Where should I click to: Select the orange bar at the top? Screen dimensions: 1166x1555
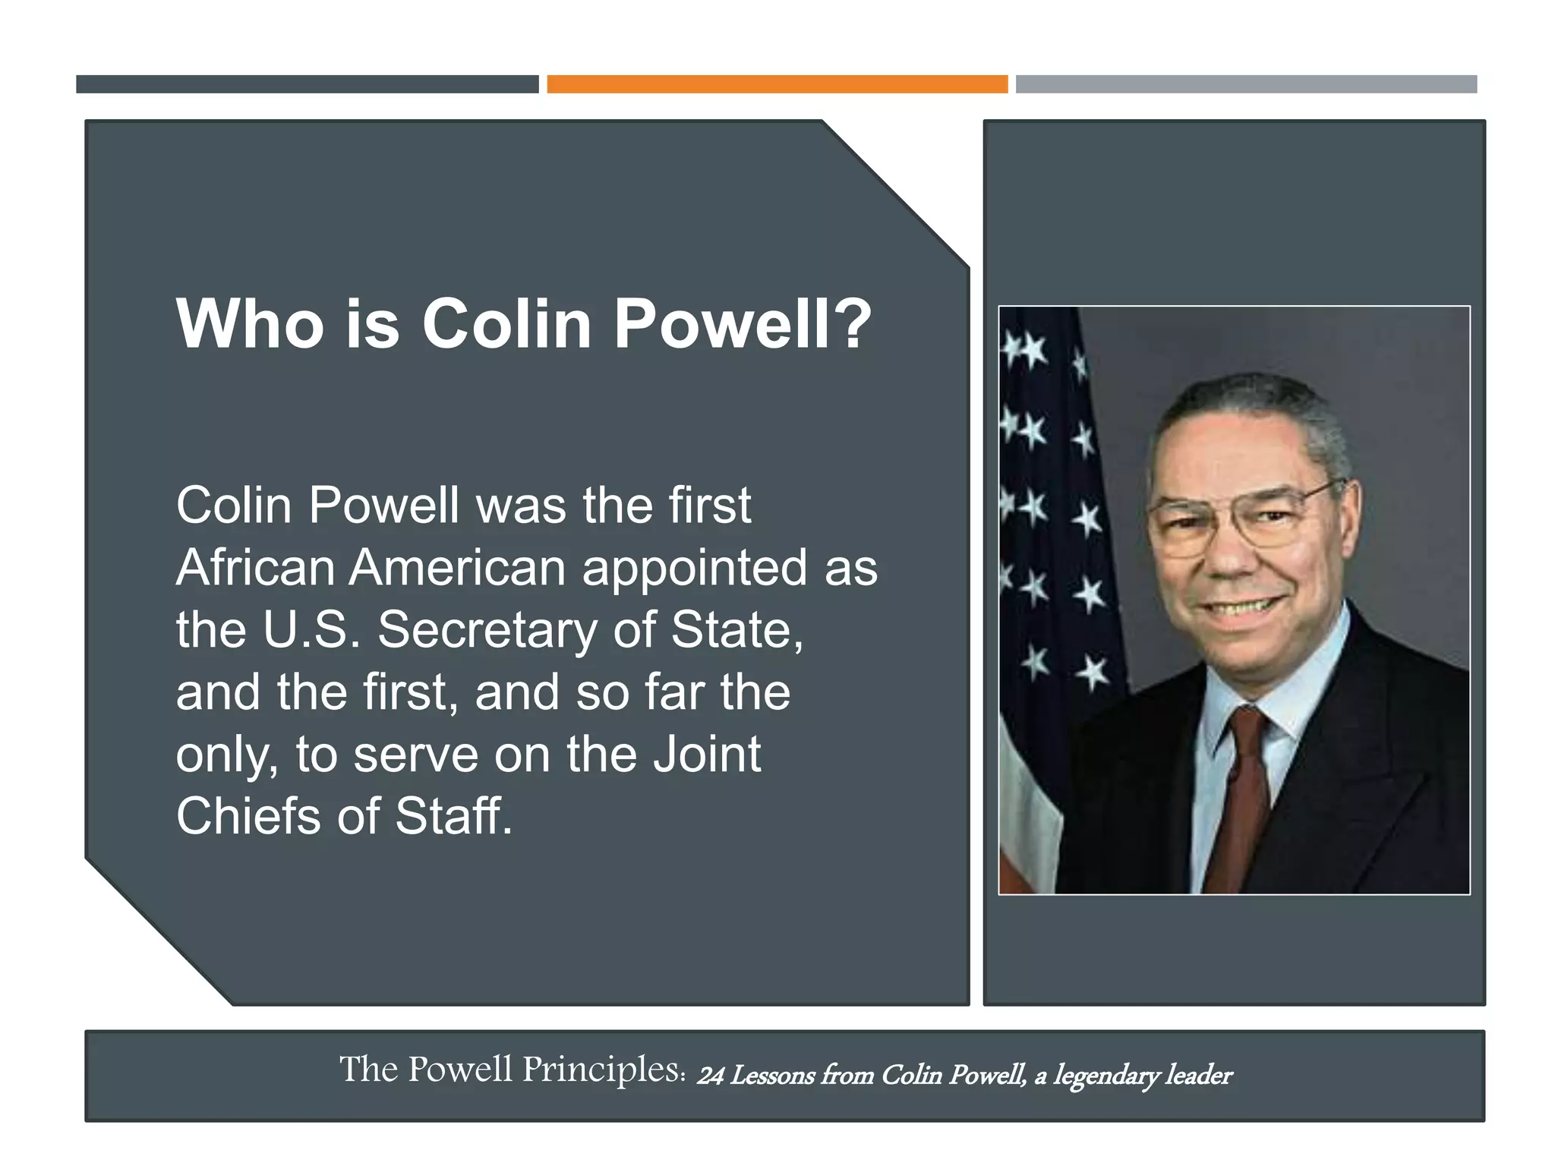pos(777,84)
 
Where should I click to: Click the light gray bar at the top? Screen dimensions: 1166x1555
pos(1246,84)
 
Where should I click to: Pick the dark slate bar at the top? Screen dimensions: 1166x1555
pos(307,84)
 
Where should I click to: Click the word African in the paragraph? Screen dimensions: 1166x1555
pos(254,568)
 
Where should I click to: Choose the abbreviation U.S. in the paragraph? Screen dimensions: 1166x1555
pos(311,630)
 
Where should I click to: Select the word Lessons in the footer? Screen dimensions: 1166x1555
pos(771,1076)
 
